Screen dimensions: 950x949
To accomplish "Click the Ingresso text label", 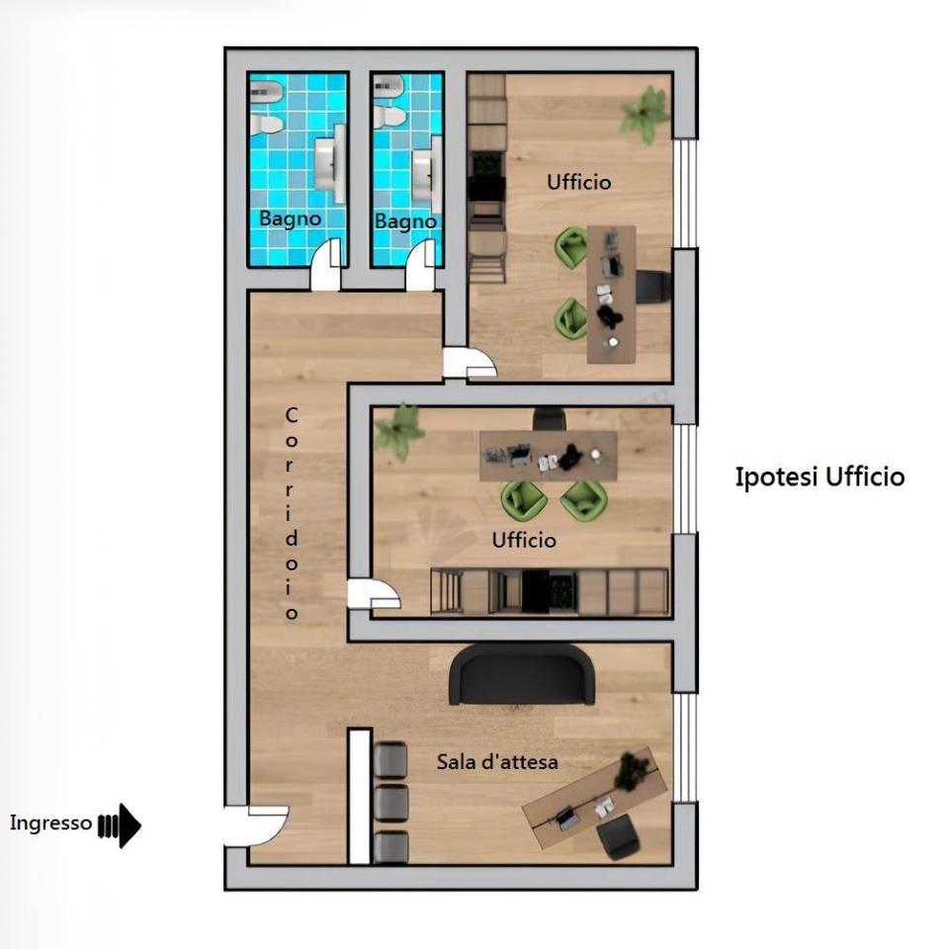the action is click(x=50, y=822).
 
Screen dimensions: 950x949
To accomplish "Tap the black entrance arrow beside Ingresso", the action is click(x=120, y=825).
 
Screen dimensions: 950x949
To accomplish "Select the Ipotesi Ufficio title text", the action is click(x=820, y=476).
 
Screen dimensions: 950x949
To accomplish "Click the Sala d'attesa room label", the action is click(x=497, y=762).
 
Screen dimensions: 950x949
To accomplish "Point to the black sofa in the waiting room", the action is click(x=522, y=674).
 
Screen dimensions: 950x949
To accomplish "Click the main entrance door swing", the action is click(x=256, y=825).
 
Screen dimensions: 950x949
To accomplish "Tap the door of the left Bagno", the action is click(x=326, y=264).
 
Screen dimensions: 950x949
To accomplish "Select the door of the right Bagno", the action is click(x=420, y=265).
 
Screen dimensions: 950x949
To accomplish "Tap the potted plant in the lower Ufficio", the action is click(x=398, y=431).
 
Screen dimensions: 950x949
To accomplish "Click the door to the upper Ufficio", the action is click(x=471, y=363).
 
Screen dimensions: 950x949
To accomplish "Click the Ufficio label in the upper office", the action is click(x=579, y=182).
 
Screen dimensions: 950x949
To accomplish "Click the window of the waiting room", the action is click(x=686, y=747).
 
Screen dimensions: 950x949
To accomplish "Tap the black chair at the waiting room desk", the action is click(x=618, y=836).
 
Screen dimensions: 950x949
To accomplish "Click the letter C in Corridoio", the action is click(x=292, y=416).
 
